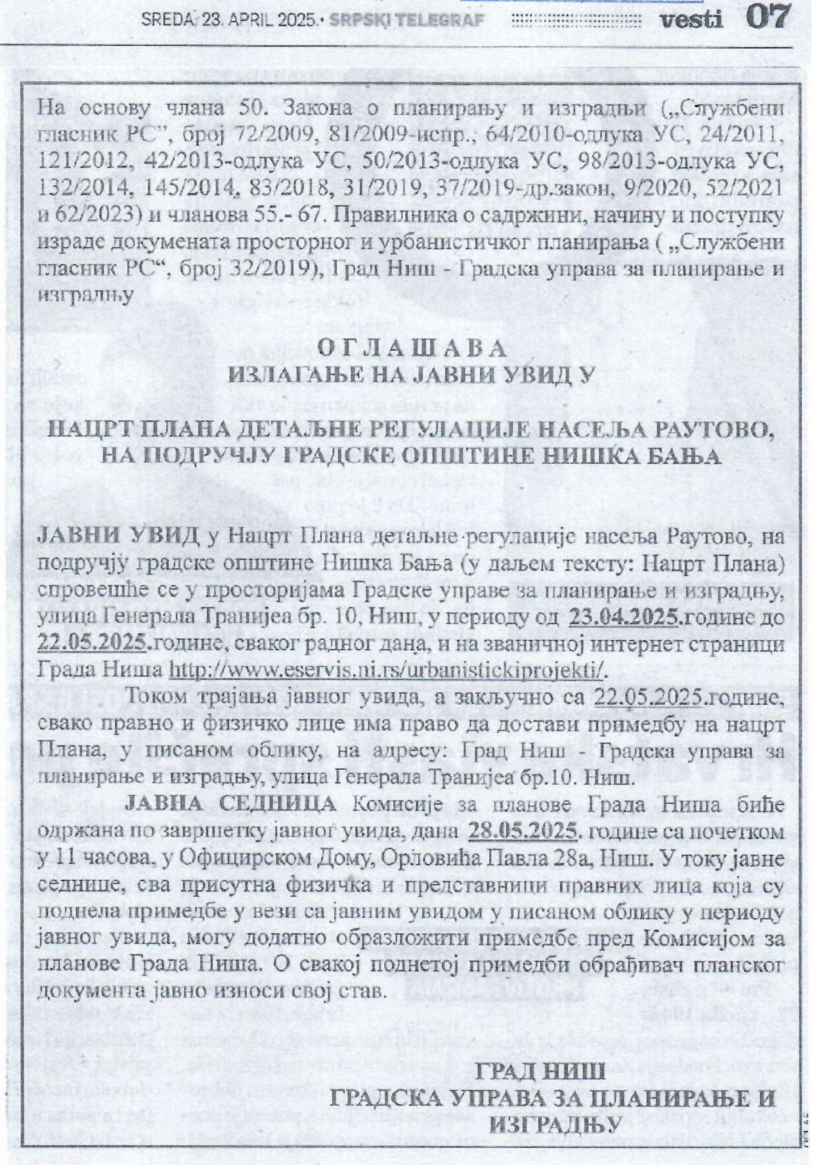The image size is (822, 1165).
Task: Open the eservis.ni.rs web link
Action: tap(386, 669)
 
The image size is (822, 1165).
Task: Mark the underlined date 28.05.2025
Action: tap(524, 831)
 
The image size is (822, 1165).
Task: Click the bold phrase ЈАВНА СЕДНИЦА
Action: tap(230, 804)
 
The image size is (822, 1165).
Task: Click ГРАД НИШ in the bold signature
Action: tap(540, 1072)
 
